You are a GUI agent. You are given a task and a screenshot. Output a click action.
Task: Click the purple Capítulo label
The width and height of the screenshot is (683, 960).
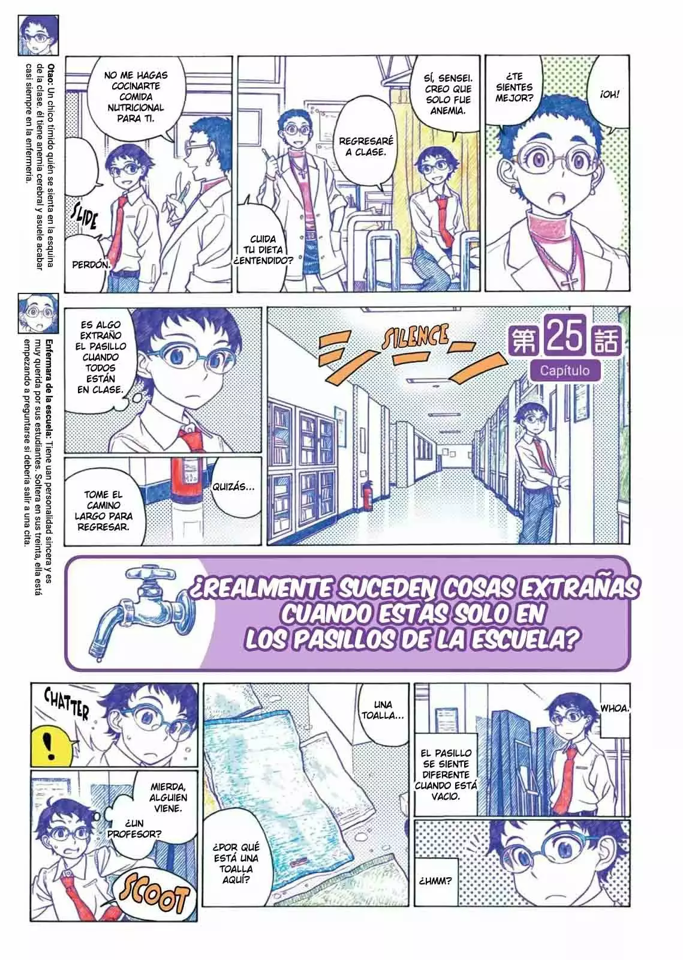point(564,370)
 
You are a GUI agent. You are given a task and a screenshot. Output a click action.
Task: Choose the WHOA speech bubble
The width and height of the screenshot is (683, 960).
point(615,709)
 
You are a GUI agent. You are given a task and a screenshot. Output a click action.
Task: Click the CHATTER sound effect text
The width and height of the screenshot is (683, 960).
point(67,704)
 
